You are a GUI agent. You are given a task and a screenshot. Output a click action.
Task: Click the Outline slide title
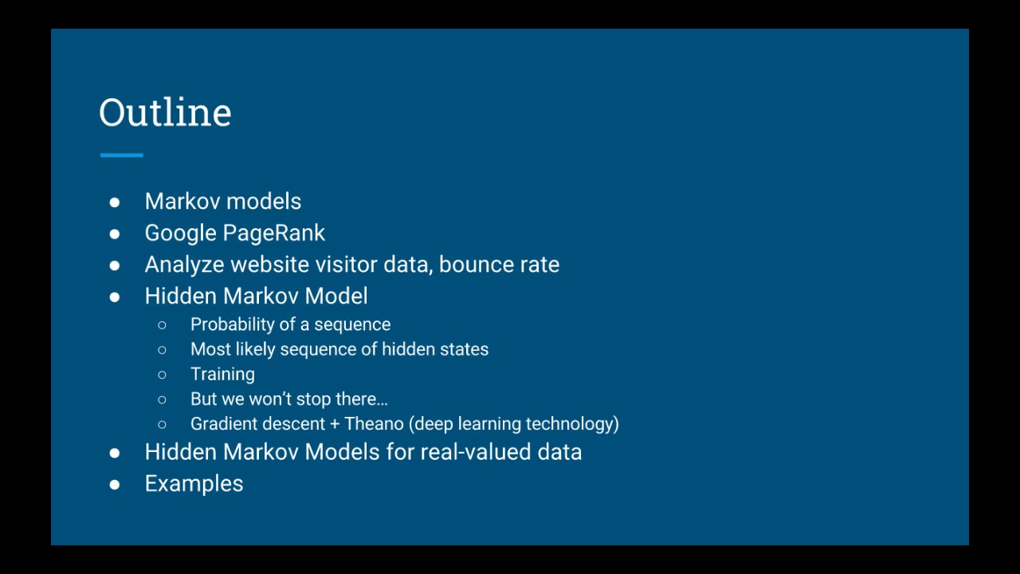165,112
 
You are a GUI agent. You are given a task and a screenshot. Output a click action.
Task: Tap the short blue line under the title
122,155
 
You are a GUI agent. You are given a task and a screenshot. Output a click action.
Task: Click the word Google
180,233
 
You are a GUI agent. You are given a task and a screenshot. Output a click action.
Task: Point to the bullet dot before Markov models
115,202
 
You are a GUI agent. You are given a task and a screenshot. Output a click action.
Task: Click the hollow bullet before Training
163,375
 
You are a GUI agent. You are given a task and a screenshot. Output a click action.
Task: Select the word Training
222,374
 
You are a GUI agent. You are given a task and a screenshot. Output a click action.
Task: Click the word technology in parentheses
571,423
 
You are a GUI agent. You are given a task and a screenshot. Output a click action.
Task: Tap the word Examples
194,484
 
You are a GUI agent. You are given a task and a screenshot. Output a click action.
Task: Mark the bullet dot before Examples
115,484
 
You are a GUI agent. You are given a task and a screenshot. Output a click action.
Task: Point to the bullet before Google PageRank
115,234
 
